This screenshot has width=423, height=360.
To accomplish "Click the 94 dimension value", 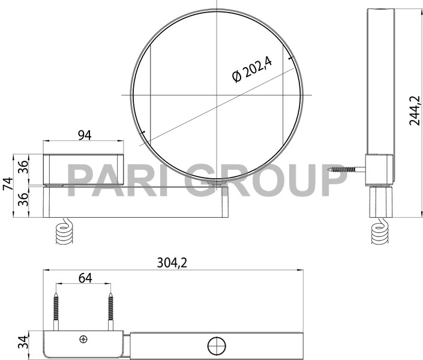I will (84, 136).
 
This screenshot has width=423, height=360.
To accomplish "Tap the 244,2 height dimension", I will (413, 108).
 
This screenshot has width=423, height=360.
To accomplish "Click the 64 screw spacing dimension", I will (85, 277).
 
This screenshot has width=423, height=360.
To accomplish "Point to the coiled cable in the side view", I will (379, 234).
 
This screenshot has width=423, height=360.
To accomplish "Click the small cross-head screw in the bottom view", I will (83, 340).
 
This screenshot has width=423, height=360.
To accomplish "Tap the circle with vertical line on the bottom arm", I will (216, 346).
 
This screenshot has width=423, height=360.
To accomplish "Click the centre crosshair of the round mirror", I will (217, 95).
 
